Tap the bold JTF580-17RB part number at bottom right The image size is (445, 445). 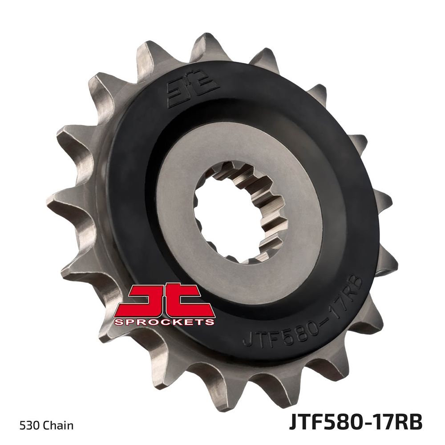click(x=356, y=423)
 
